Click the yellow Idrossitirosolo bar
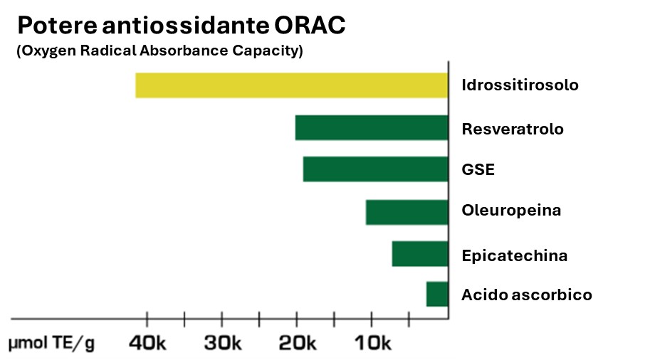click(292, 85)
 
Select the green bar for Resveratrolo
click(372, 127)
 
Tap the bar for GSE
click(376, 169)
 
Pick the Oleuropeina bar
click(407, 212)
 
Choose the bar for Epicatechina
click(420, 253)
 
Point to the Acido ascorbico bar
click(437, 294)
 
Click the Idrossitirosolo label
click(520, 85)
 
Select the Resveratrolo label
click(513, 129)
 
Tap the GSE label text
click(478, 169)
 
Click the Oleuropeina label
click(511, 211)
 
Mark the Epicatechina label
click(515, 255)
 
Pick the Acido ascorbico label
click(526, 295)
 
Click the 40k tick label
click(147, 343)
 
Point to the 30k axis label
click(223, 343)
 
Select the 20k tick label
click(297, 343)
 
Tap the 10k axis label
click(372, 343)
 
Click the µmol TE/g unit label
click(51, 344)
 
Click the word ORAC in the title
click(310, 26)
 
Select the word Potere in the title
click(57, 26)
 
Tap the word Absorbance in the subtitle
click(184, 51)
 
